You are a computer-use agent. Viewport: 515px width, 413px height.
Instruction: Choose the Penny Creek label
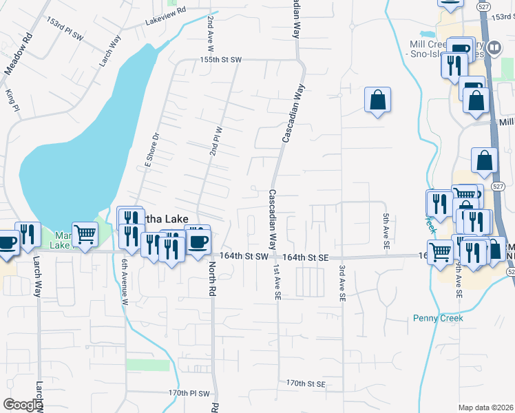click(x=439, y=318)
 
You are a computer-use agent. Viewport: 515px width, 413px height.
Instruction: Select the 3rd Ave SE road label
click(x=341, y=282)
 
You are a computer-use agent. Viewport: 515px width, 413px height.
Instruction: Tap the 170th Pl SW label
click(x=189, y=393)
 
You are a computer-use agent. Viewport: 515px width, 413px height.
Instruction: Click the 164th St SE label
click(x=303, y=256)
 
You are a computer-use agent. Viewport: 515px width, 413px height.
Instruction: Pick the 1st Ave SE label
click(x=277, y=282)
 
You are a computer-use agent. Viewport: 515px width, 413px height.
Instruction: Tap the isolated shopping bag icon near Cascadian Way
click(x=378, y=100)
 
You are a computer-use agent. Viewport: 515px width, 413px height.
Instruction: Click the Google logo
click(x=22, y=405)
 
